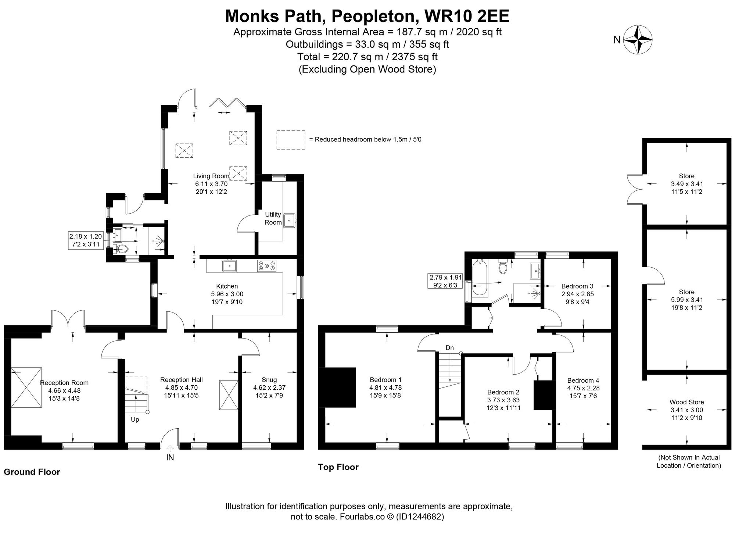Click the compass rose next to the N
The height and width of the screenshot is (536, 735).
pos(639,40)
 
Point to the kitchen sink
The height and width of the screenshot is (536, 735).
pos(230,265)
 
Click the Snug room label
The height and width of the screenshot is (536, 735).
pos(269,380)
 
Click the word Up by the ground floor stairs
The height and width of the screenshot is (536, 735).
pos(135,419)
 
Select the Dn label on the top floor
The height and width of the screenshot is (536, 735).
pos(449,348)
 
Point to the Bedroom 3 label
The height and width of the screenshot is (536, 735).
pos(577,286)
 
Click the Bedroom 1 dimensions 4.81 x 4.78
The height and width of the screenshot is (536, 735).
pos(386,387)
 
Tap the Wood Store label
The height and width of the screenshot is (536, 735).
pos(686,402)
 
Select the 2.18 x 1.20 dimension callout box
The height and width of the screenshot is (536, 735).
pos(85,240)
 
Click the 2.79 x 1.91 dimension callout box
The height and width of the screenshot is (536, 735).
pos(445,281)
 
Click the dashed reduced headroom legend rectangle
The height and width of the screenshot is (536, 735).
pos(291,140)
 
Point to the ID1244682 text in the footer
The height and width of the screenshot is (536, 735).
pos(420,517)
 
